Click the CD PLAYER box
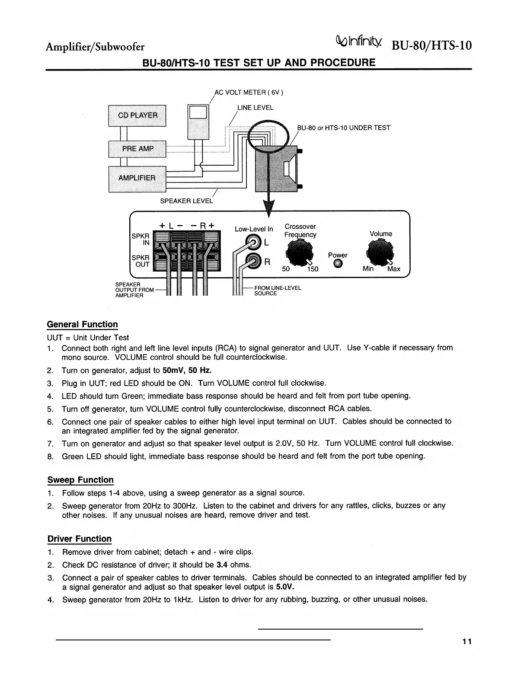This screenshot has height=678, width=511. (137, 115)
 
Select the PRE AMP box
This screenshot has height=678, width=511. (137, 149)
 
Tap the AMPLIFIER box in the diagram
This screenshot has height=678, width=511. (137, 178)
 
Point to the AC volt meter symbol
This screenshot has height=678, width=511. (198, 122)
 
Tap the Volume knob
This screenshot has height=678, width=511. (380, 252)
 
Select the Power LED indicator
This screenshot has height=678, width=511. (338, 264)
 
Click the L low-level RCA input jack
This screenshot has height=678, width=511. (253, 241)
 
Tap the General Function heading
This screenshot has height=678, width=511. (82, 324)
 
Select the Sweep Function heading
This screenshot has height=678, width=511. (80, 480)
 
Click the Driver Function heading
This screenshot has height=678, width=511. (80, 539)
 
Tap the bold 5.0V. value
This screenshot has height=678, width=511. (286, 587)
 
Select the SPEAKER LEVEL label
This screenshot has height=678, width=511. (186, 201)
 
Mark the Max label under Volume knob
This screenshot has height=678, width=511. (393, 269)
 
